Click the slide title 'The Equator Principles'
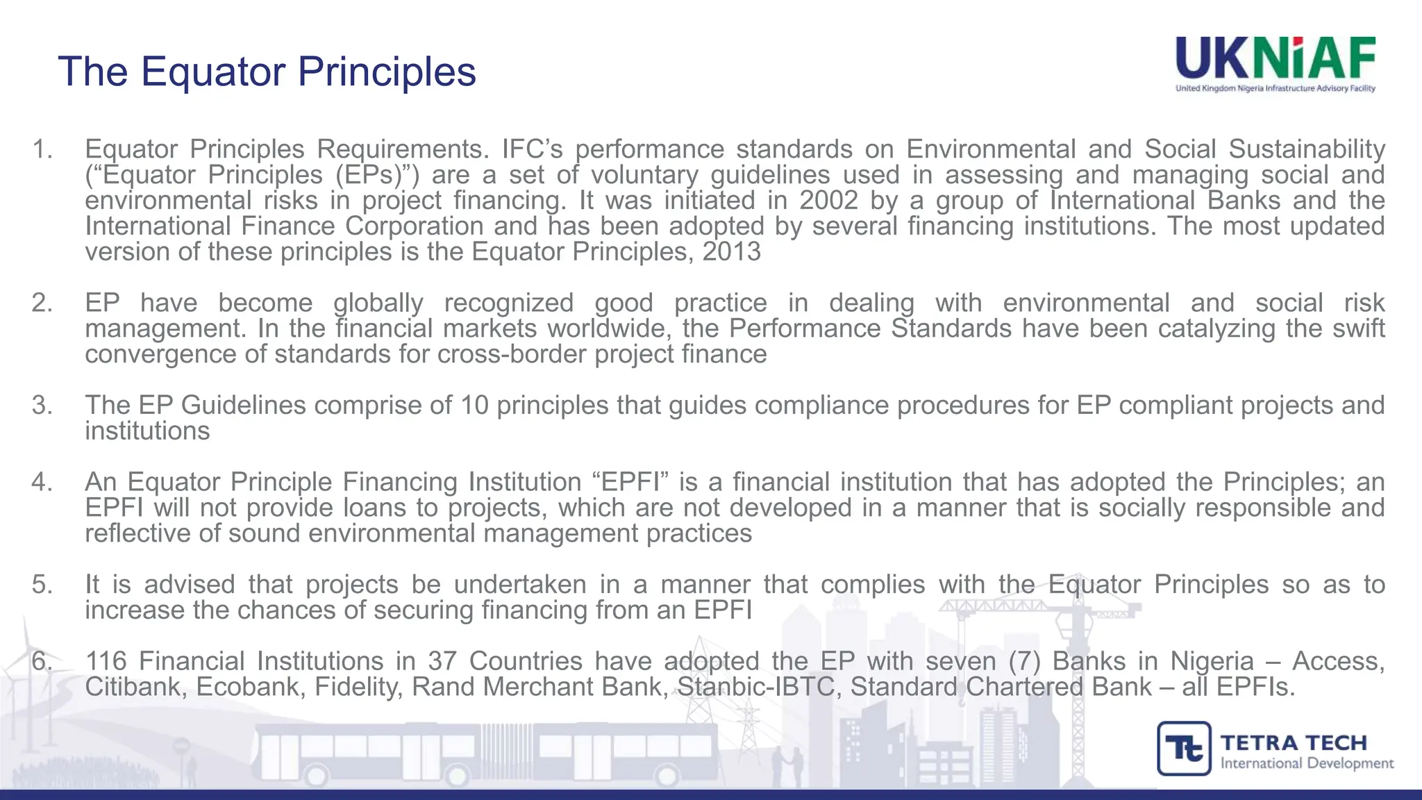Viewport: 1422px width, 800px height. click(x=267, y=72)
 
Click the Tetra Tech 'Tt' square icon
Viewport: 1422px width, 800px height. click(x=1184, y=749)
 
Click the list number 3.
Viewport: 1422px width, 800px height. click(x=42, y=405)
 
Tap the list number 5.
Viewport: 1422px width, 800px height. click(x=42, y=585)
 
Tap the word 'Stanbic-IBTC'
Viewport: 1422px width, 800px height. click(x=756, y=687)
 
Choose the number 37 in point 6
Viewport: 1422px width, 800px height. click(x=442, y=661)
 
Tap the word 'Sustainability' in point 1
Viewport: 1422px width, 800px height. click(x=1307, y=149)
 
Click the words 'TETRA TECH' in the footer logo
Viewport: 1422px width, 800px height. click(x=1294, y=743)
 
